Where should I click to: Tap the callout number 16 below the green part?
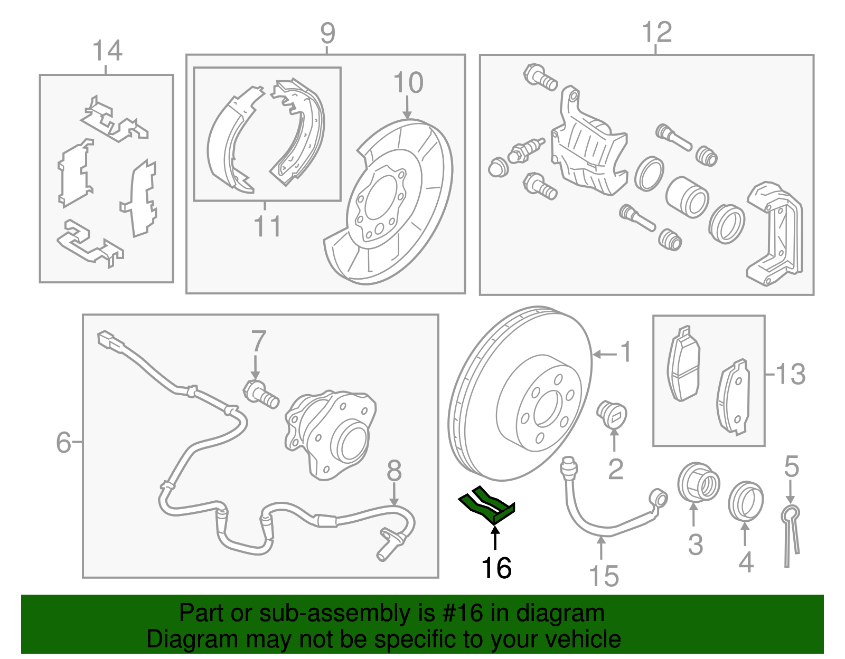(x=496, y=568)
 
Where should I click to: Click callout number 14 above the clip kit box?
(x=107, y=51)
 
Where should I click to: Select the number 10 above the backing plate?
(x=408, y=83)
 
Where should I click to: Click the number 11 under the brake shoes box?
(x=267, y=226)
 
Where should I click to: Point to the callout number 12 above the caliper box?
(x=656, y=32)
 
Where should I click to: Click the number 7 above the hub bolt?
(x=258, y=341)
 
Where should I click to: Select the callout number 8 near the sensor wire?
(x=394, y=471)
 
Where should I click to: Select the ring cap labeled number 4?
(x=745, y=501)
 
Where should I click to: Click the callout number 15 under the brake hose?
(x=604, y=576)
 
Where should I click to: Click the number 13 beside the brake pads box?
(x=790, y=374)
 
